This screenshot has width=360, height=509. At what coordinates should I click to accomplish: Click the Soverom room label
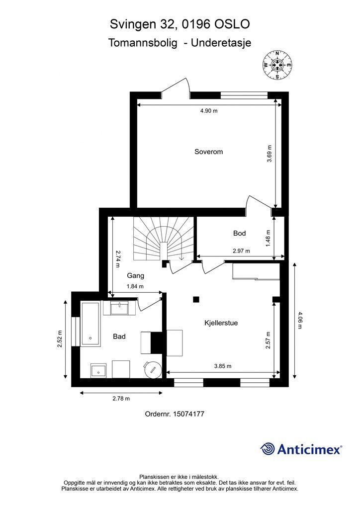tap(208, 152)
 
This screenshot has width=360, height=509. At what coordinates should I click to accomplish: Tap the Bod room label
tap(239, 233)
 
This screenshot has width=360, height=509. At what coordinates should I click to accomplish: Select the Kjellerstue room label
tap(221, 323)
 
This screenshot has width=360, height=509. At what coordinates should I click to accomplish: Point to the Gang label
tap(135, 276)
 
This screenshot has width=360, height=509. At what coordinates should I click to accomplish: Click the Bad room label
tap(119, 337)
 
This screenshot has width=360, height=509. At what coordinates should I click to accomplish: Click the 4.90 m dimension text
tap(209, 111)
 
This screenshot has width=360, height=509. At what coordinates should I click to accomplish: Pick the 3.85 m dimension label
tap(223, 366)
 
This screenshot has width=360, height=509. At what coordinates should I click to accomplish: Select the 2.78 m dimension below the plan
tap(121, 399)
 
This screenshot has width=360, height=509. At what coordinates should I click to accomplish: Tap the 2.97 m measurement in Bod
tap(241, 251)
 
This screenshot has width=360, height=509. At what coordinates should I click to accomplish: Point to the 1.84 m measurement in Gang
tap(135, 286)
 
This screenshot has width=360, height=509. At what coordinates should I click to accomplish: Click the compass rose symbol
tap(277, 65)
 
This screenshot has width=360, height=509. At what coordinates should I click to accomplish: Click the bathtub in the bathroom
tap(90, 324)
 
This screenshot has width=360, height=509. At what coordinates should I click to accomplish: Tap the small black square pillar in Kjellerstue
tap(196, 299)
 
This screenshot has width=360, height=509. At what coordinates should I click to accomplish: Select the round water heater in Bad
tap(153, 369)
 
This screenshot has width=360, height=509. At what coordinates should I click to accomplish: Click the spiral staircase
tap(163, 239)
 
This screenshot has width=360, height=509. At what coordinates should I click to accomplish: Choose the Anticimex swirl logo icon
tap(268, 449)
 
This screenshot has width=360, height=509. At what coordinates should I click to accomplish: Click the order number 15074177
tap(188, 414)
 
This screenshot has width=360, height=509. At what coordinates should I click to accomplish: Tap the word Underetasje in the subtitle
tap(221, 43)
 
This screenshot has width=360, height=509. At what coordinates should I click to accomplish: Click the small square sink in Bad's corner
tap(98, 370)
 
